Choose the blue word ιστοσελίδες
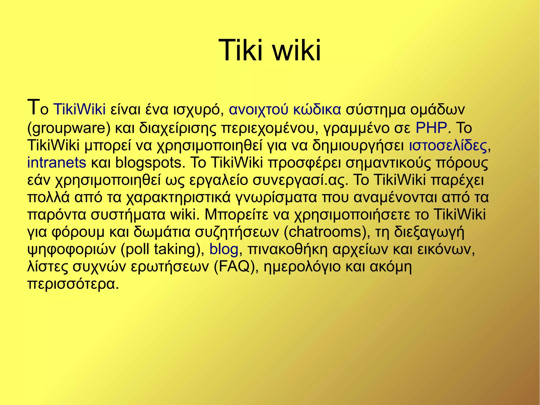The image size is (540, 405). click(448, 145)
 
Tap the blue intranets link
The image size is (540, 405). click(57, 163)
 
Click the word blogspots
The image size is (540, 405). click(148, 163)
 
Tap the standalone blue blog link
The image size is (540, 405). click(224, 249)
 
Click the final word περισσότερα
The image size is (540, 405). click(71, 284)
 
